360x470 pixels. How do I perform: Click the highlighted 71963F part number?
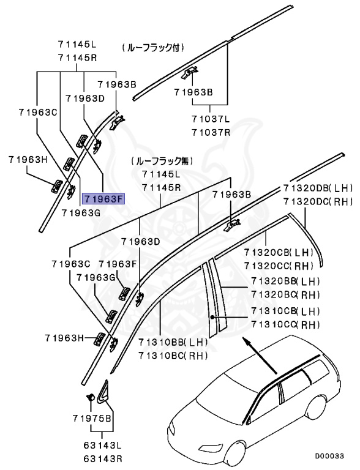[x=103, y=198]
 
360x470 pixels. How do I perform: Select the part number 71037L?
[x=211, y=119]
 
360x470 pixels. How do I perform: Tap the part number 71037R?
[x=211, y=132]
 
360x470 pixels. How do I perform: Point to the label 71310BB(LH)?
[x=173, y=342]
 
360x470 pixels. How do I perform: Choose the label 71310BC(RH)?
[x=173, y=355]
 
